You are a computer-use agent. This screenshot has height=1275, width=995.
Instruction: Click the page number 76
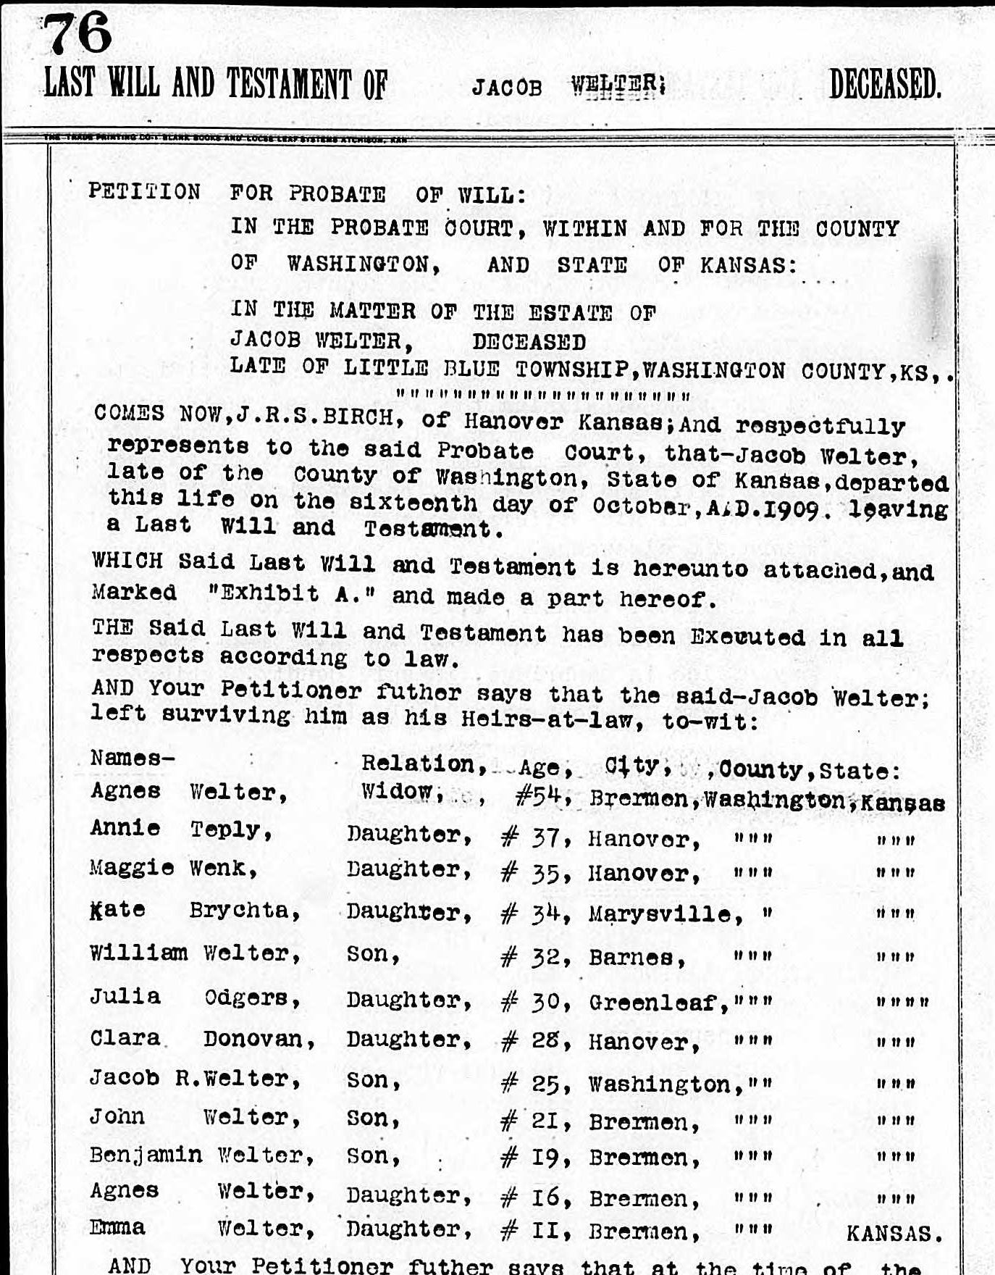tap(78, 33)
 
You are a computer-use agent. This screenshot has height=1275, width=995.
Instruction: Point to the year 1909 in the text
tap(793, 509)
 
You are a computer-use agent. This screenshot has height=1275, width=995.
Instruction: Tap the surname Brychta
tap(244, 911)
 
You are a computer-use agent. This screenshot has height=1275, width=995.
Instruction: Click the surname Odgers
tap(252, 998)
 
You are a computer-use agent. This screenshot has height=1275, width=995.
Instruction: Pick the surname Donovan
tap(259, 1040)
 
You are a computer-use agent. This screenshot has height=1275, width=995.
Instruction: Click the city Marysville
tap(664, 914)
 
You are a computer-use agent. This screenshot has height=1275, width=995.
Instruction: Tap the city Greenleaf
tap(657, 1003)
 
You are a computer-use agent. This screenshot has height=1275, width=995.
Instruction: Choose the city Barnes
tap(636, 958)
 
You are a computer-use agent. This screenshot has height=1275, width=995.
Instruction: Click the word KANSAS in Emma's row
tap(894, 1233)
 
